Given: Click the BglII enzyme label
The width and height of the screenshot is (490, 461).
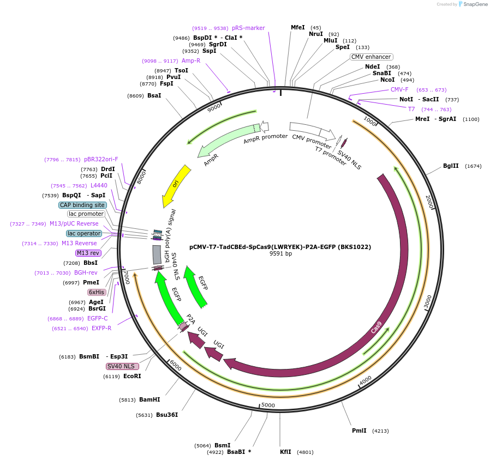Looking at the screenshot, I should coord(451,166).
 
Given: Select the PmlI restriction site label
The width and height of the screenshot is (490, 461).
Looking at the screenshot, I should coord(359,430).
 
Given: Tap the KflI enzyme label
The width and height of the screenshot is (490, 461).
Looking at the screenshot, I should coord(285,452).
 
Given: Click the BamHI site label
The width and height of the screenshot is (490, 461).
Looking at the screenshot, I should coord(150,399).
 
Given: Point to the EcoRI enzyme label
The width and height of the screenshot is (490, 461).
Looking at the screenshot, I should coord(132,376).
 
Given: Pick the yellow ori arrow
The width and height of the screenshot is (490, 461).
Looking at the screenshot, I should coord(176,185).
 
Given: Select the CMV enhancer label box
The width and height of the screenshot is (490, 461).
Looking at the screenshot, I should coord(371,57).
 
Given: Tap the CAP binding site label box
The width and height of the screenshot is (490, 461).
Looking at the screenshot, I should coord(82,205).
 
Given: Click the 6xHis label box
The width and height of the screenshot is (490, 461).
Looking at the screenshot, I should coord(97,292).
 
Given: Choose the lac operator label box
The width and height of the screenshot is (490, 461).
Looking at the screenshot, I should coord(84,233).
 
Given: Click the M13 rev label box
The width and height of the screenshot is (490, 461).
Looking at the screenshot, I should coord(88,253).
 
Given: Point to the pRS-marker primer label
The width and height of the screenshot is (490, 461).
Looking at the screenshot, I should coord(248,28).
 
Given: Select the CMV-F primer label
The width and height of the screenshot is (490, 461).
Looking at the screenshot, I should coord(399,89).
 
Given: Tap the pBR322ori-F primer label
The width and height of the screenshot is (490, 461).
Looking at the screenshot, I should coord(101,159).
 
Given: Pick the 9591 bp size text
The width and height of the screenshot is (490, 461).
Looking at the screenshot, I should coord(280,253).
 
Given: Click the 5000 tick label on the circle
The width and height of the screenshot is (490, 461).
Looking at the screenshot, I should coord(268,405).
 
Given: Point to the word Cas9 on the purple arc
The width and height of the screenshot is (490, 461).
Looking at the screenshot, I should coord(377,327).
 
